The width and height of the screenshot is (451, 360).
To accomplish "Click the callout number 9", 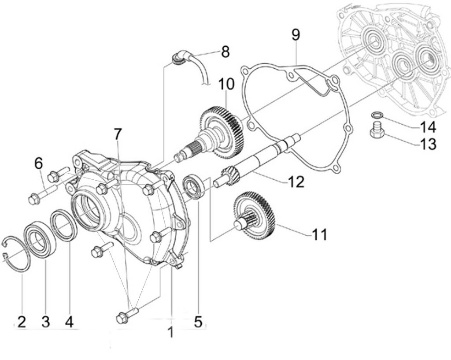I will click(x=296, y=35).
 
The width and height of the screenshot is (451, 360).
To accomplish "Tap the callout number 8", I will click(x=225, y=52).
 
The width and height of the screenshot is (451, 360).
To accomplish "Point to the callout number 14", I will click(x=428, y=128).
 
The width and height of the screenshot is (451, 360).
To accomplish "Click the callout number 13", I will click(x=428, y=144).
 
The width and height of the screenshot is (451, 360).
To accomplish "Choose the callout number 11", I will click(x=320, y=234).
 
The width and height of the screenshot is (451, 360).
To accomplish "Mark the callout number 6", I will click(x=39, y=164).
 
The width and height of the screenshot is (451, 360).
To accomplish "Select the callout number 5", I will click(x=198, y=321).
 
